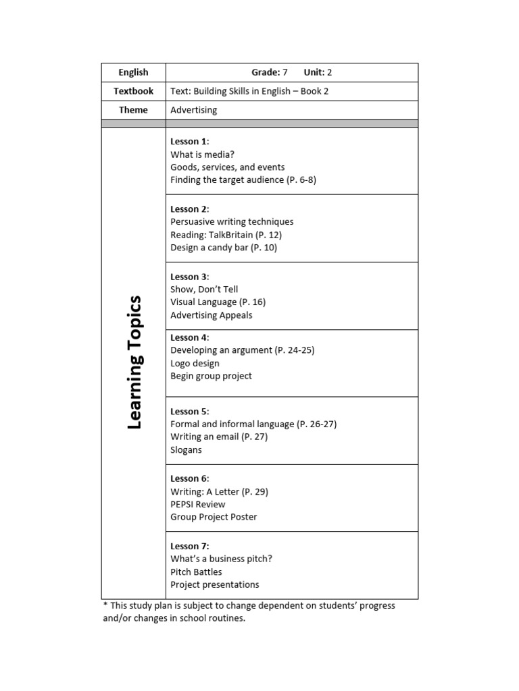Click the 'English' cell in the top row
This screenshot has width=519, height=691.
133,72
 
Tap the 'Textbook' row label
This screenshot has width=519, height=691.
133,91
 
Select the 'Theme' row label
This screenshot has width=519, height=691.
133,110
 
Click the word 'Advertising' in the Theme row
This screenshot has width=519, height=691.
194,110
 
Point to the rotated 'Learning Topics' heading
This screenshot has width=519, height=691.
134,362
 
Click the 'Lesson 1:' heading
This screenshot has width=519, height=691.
190,141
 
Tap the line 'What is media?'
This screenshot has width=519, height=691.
203,155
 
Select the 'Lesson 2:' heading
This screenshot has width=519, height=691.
190,209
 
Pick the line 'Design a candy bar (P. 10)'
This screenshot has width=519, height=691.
224,248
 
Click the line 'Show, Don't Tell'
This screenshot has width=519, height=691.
204,289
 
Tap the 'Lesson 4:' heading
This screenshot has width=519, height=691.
190,337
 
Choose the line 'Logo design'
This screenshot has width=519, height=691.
195,363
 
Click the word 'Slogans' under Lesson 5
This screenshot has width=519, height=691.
187,450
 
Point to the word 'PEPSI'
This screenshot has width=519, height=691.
183,504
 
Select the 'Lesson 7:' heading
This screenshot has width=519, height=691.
190,546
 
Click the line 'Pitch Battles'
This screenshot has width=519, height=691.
196,572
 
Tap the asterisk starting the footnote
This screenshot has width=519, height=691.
105,605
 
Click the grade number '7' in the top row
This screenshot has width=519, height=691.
285,72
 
